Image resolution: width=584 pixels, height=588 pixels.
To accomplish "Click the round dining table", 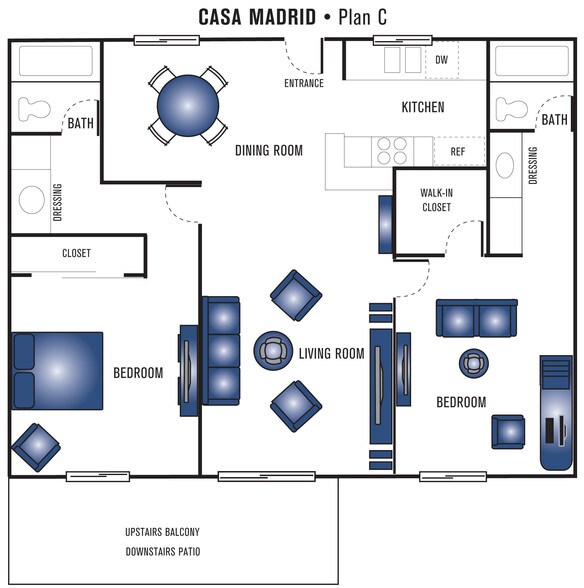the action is (x=188, y=106).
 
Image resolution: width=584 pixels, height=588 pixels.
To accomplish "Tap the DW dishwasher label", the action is (x=441, y=60).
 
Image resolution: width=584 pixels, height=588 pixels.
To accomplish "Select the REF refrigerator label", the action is (x=458, y=152).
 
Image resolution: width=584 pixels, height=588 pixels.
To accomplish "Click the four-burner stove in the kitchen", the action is (x=392, y=150).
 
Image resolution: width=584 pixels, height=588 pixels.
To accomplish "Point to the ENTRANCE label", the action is (x=304, y=83).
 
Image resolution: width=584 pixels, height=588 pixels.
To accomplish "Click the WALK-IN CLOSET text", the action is (x=437, y=200).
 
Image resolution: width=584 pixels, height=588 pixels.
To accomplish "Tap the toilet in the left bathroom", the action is (x=34, y=109).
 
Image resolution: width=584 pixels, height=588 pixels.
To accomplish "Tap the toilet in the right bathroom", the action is (x=512, y=108).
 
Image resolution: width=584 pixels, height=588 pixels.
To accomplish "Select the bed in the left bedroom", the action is (x=57, y=370).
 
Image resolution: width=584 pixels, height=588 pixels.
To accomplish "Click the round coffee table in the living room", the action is (x=273, y=351).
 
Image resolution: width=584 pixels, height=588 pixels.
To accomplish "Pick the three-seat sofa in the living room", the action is (x=221, y=351).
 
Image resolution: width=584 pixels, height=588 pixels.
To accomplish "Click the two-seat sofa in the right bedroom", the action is (x=476, y=318).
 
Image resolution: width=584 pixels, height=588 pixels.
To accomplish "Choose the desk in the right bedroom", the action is (x=556, y=412).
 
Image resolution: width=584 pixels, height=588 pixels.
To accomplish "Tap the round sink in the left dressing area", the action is (x=32, y=200).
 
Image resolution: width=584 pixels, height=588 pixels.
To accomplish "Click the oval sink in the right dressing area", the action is (x=505, y=165).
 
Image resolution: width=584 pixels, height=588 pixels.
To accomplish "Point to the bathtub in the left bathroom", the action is (x=56, y=61).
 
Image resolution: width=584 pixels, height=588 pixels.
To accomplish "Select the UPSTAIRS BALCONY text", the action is (x=162, y=532).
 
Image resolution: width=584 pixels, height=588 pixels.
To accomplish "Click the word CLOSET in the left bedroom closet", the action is (x=77, y=253).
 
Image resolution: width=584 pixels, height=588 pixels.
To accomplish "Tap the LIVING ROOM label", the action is (x=332, y=354).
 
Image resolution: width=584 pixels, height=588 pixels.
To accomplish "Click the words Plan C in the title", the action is (x=362, y=17).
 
